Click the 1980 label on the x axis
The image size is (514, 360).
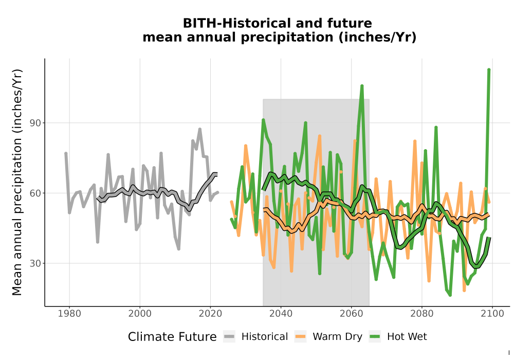[x=69, y=314]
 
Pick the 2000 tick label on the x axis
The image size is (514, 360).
[x=140, y=314]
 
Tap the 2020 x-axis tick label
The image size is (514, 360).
[x=210, y=314]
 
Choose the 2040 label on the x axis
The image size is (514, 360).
[x=281, y=314]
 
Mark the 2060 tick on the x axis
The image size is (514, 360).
[x=351, y=314]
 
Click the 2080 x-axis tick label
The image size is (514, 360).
[x=421, y=314]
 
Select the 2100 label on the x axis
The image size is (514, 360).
[x=492, y=314]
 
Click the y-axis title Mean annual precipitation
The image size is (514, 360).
[x=17, y=182]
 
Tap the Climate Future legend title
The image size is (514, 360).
[x=172, y=337]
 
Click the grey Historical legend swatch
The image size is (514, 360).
[x=229, y=337]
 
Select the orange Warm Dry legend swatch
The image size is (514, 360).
[x=300, y=337]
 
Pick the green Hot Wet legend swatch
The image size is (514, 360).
[x=375, y=337]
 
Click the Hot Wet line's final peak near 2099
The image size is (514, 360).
[x=489, y=69]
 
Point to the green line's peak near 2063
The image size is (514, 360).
[x=362, y=86]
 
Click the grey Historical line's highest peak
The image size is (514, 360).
[x=199, y=130]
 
